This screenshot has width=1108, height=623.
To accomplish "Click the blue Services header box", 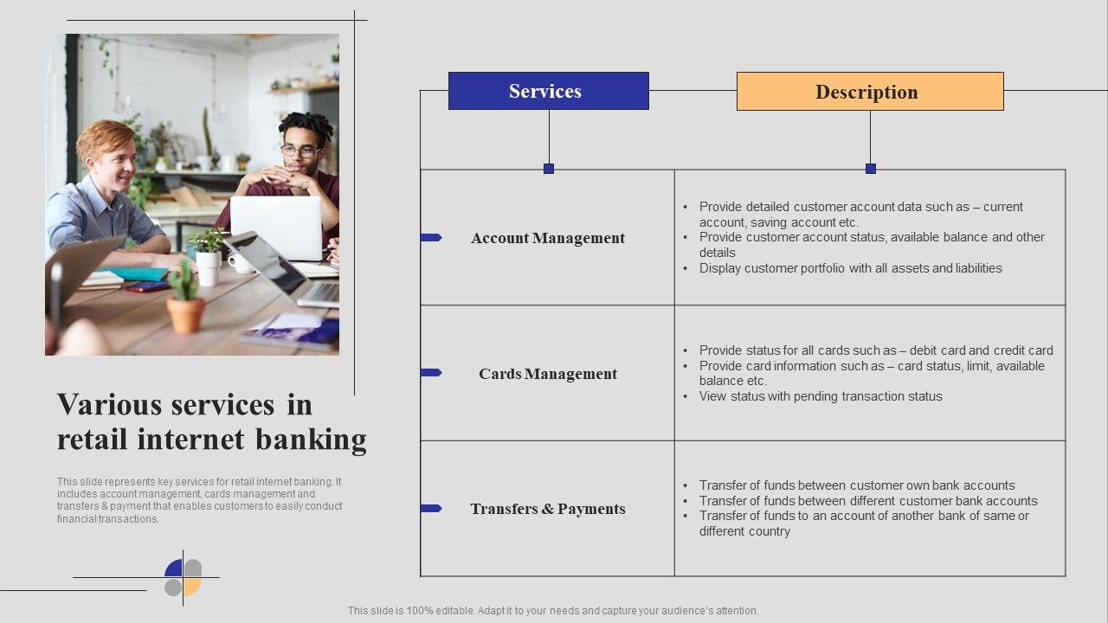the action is pyautogui.click(x=549, y=91).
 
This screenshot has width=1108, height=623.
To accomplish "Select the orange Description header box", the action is pyautogui.click(x=870, y=92).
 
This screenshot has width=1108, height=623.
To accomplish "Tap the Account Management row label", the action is pyautogui.click(x=548, y=238).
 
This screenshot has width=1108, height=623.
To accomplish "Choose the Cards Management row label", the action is pyautogui.click(x=548, y=374).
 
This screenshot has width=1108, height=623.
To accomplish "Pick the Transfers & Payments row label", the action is pyautogui.click(x=548, y=509).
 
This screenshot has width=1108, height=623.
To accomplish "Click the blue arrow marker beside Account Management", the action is pyautogui.click(x=431, y=237).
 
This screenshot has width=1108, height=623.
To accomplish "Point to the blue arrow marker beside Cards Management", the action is pyautogui.click(x=431, y=373).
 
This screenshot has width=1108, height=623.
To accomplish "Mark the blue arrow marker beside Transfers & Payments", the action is pyautogui.click(x=431, y=508).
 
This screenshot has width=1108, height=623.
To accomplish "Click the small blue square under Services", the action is pyautogui.click(x=549, y=169).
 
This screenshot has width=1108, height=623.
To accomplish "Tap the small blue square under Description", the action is pyautogui.click(x=871, y=169).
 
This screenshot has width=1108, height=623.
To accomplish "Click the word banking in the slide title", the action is pyautogui.click(x=311, y=440).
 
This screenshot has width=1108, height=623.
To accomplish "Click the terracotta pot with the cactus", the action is pyautogui.click(x=185, y=315).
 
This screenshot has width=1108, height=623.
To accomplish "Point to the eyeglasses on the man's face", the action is pyautogui.click(x=300, y=151).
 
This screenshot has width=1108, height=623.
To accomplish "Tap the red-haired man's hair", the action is pyautogui.click(x=105, y=138).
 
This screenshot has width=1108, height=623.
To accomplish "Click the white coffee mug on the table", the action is pyautogui.click(x=241, y=263).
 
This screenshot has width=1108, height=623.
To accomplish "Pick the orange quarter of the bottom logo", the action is pyautogui.click(x=193, y=588).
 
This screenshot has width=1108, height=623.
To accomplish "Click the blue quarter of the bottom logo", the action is pyautogui.click(x=174, y=568).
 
